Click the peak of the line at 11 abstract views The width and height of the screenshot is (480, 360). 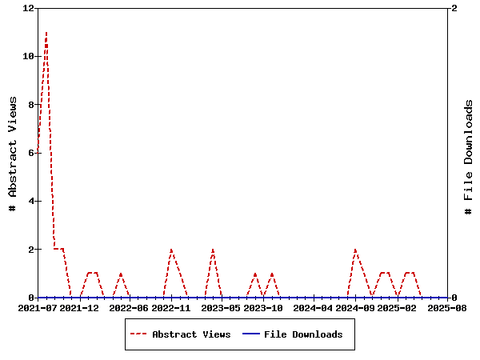pos(46,33)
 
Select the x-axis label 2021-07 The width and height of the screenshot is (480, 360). pos(38,307)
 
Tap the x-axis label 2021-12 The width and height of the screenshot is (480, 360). pos(79,307)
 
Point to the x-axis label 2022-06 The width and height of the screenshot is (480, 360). pos(130,307)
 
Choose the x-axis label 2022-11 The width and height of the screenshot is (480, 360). pos(171,307)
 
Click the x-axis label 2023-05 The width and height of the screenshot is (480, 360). pos(221,307)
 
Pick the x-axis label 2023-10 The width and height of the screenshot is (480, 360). pos(263,307)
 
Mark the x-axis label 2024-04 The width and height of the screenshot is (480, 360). pos(313,307)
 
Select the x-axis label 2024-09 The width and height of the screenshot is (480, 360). pos(355,307)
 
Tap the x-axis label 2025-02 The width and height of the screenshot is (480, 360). pos(397,307)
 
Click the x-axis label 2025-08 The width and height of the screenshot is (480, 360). pos(447,307)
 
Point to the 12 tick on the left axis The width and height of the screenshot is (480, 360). pos(29,8)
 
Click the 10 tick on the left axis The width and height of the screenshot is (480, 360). pos(29,56)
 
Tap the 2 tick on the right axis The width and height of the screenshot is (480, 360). pos(454,8)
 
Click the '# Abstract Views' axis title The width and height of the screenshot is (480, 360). pos(12,153)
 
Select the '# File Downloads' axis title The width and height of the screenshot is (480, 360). pos(469,157)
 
